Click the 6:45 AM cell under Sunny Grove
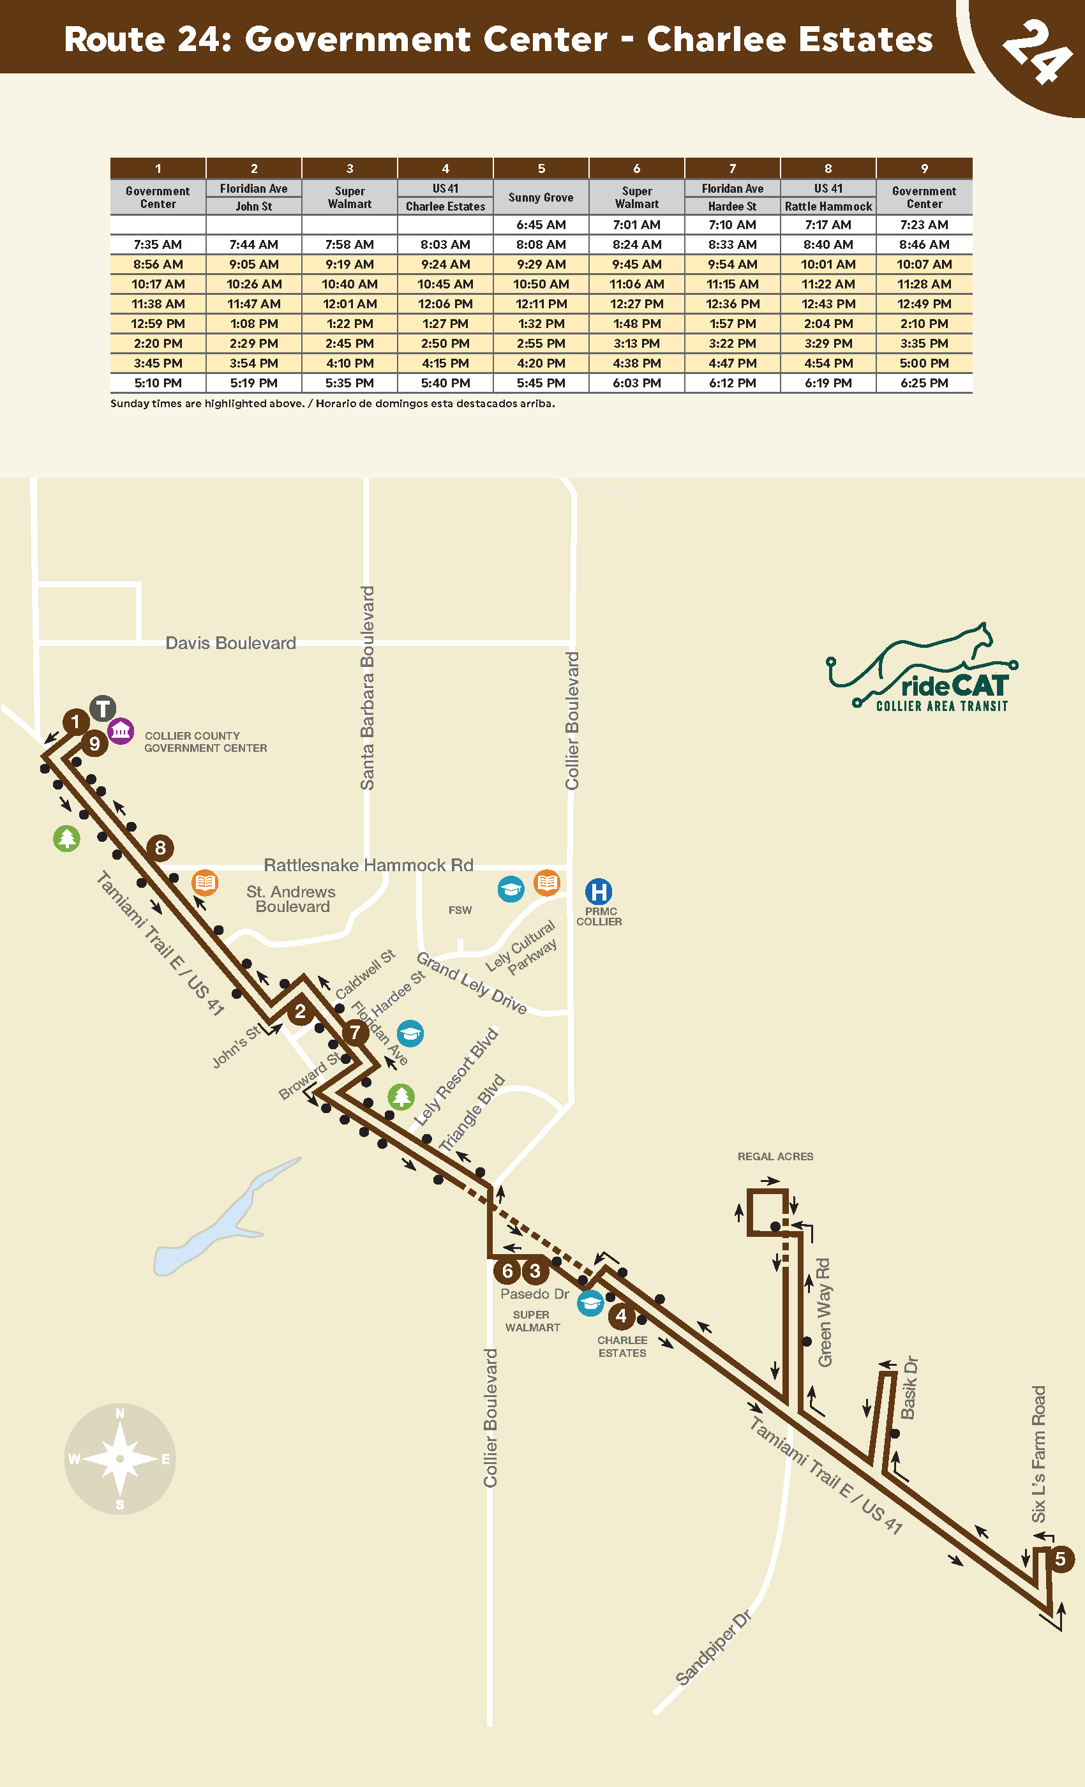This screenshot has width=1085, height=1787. tap(541, 225)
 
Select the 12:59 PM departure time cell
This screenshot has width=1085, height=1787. tap(158, 324)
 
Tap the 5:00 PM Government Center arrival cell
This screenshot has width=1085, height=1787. tap(924, 363)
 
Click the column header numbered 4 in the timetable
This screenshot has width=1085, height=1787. tap(445, 168)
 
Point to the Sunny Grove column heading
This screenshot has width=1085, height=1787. tap(541, 197)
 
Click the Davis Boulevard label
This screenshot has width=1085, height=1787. tap(230, 643)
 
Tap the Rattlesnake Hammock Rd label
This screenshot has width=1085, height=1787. tap(368, 865)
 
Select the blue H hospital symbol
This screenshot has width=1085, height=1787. tap(599, 892)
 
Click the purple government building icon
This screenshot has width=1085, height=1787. tap(121, 731)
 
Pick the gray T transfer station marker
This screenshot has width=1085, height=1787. tap(103, 708)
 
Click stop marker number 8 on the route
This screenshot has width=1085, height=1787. tap(160, 847)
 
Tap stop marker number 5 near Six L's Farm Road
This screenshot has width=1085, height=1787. tap(1060, 1559)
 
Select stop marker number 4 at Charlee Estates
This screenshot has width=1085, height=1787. tap(621, 1315)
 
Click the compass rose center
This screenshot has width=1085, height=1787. tap(121, 1458)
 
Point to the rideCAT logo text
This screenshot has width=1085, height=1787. tap(954, 686)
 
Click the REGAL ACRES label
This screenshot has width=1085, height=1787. tap(775, 1156)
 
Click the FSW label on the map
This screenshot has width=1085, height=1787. tap(460, 910)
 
